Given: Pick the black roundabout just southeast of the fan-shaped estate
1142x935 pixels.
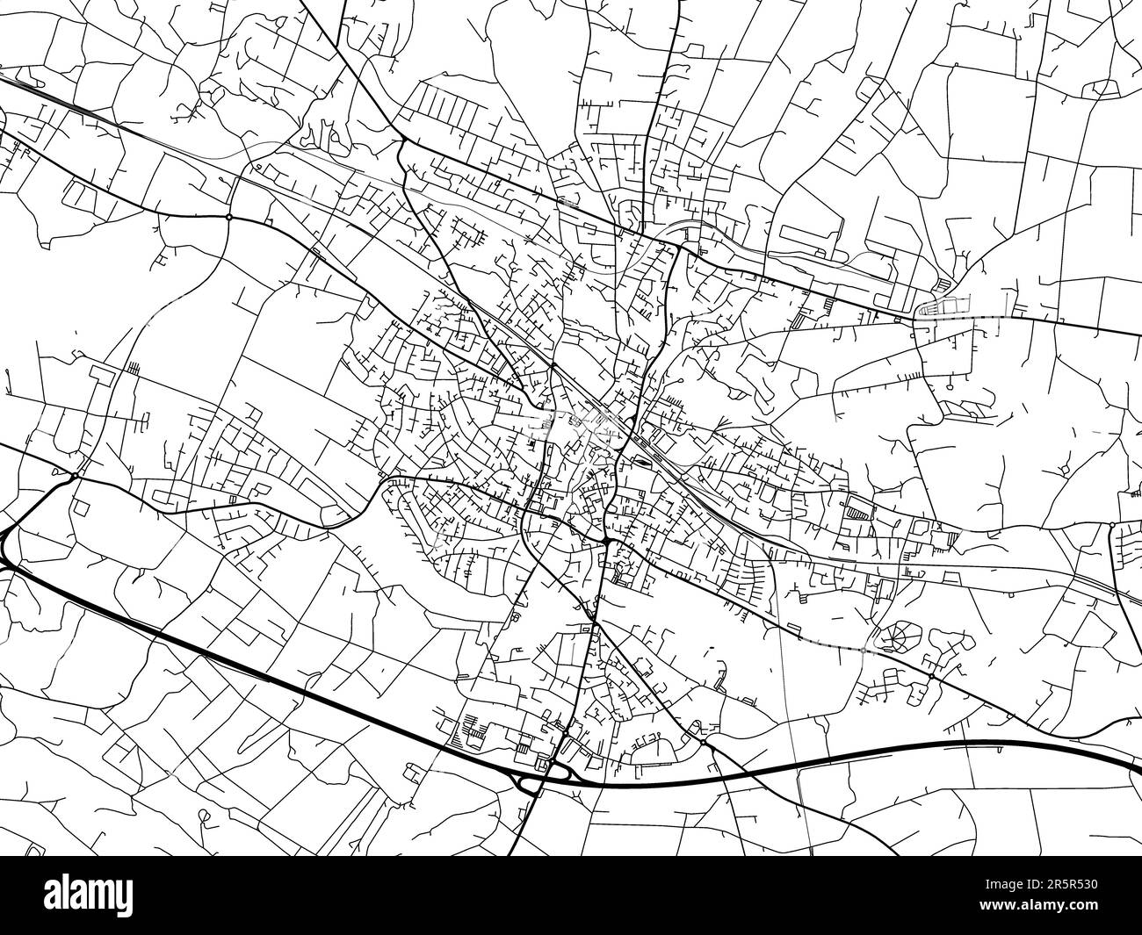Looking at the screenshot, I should pyautogui.click(x=931, y=677).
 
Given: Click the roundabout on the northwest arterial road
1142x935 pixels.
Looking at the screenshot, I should pyautogui.click(x=228, y=216).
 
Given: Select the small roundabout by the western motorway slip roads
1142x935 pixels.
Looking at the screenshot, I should pyautogui.click(x=75, y=475).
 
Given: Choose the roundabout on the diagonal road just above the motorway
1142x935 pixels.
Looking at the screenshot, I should pyautogui.click(x=704, y=743).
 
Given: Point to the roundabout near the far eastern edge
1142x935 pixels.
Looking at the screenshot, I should pyautogui.click(x=1111, y=525).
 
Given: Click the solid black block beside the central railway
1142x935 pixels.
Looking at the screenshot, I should pyautogui.click(x=644, y=457).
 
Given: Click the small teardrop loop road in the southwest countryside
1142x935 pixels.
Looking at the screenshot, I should pyautogui.click(x=205, y=817).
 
